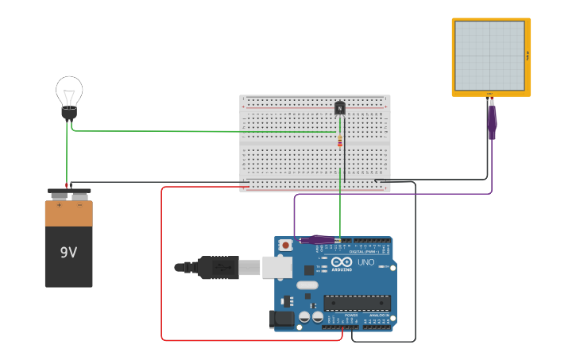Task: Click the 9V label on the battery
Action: click(x=68, y=253)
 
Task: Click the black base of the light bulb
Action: click(x=69, y=114)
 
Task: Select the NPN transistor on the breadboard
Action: click(x=340, y=107)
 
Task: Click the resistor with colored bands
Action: click(x=340, y=141)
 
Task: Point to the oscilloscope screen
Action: click(x=490, y=56)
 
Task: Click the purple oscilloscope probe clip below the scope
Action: click(x=492, y=120)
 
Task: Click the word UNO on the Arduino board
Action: click(x=365, y=262)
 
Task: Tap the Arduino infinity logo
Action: click(x=342, y=261)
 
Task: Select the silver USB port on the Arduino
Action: click(x=277, y=267)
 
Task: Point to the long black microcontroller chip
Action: click(x=357, y=303)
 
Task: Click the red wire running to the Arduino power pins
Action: click(x=162, y=262)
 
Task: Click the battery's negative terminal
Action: click(x=79, y=194)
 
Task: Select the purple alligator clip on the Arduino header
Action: click(x=318, y=239)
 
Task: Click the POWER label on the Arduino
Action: click(x=350, y=315)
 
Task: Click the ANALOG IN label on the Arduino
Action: click(x=378, y=315)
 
